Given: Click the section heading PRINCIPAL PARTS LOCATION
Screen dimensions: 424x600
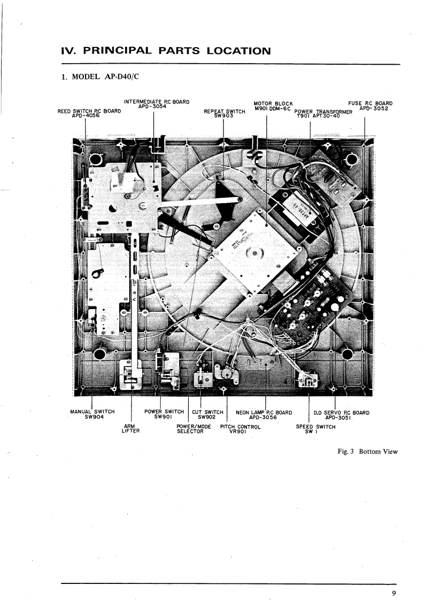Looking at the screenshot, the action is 166,51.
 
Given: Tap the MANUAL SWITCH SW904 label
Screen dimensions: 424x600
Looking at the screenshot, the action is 92,414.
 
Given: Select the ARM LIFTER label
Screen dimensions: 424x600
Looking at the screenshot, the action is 130,429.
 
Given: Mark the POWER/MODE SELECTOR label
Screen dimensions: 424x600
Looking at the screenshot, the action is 190,429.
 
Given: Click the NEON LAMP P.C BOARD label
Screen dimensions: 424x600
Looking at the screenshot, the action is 264,414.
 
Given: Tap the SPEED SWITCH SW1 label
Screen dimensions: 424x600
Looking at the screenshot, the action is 315,429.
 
